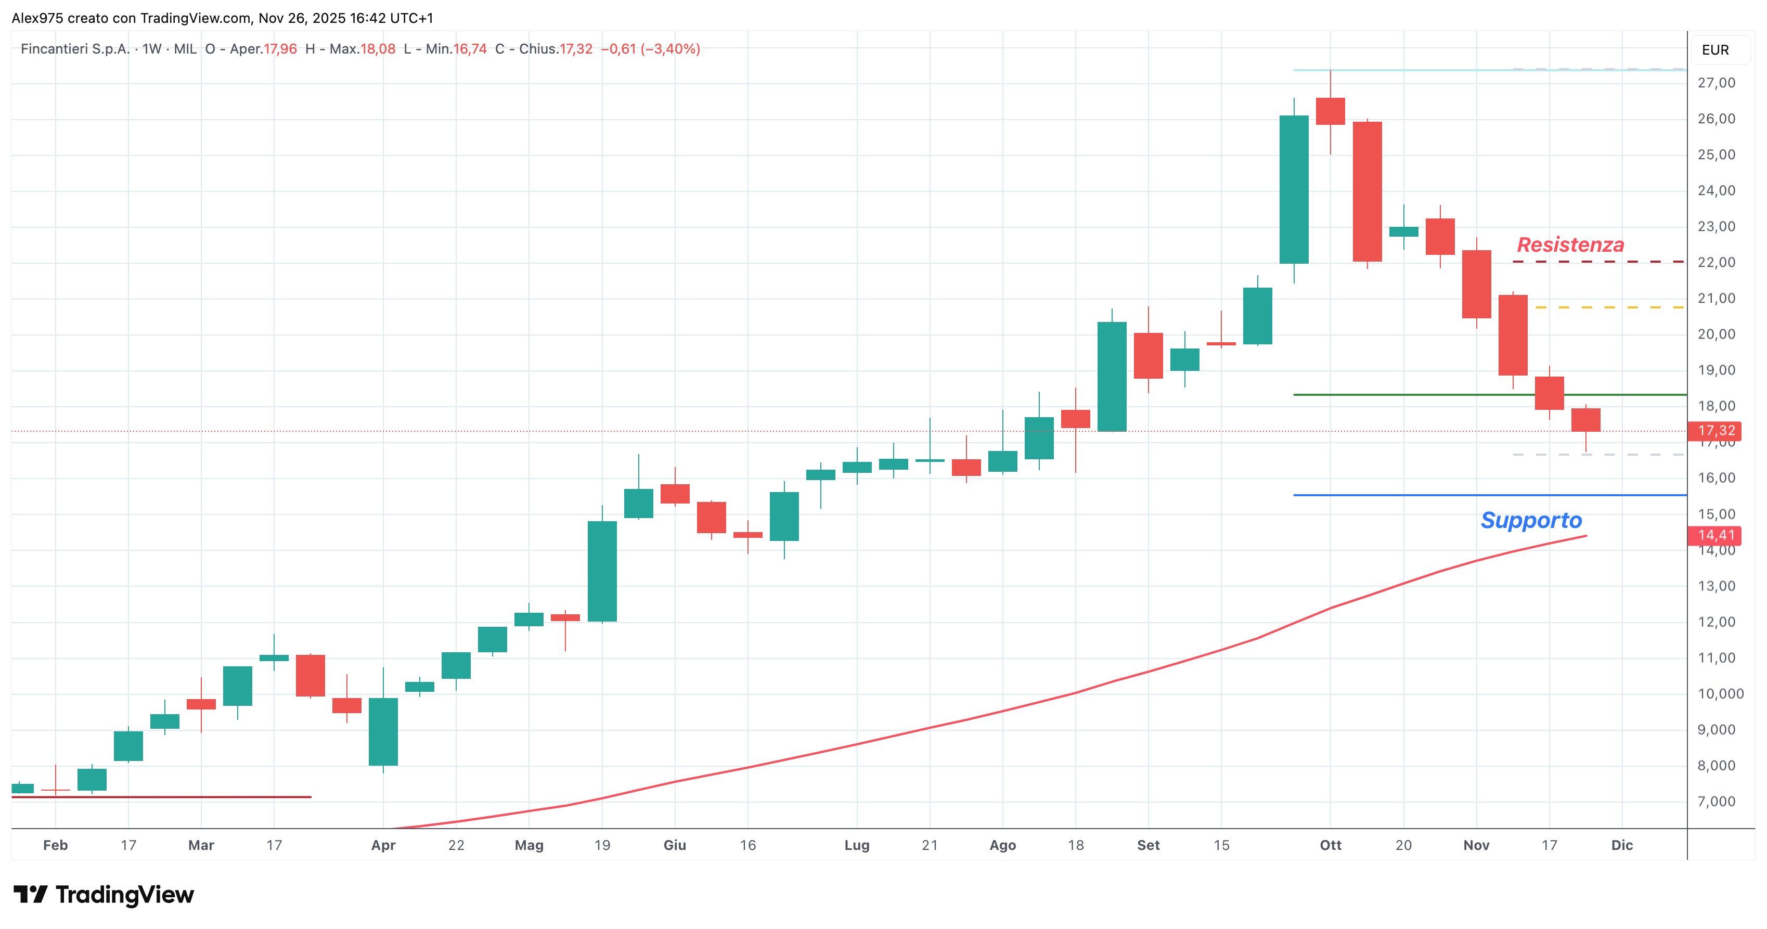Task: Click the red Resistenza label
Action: pyautogui.click(x=1570, y=245)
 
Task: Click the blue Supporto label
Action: pyautogui.click(x=1531, y=520)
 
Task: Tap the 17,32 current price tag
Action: pyautogui.click(x=1716, y=431)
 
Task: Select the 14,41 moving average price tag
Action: pyautogui.click(x=1716, y=535)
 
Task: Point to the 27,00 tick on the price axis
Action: pyautogui.click(x=1716, y=83)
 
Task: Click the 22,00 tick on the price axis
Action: pyautogui.click(x=1716, y=263)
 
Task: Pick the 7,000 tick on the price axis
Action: pyautogui.click(x=1716, y=802)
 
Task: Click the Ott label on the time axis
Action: pyautogui.click(x=1331, y=845)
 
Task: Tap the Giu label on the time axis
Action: pyautogui.click(x=675, y=845)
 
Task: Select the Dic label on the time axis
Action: pyautogui.click(x=1622, y=845)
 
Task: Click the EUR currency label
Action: pyautogui.click(x=1715, y=50)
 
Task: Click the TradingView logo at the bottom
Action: pyautogui.click(x=104, y=895)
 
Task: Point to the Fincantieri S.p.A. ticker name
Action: pyautogui.click(x=75, y=49)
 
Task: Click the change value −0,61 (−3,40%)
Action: pyautogui.click(x=650, y=49)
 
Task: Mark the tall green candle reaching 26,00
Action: pyautogui.click(x=1294, y=189)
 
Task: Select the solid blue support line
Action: pyautogui.click(x=1490, y=495)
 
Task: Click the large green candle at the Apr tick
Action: pyautogui.click(x=383, y=731)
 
